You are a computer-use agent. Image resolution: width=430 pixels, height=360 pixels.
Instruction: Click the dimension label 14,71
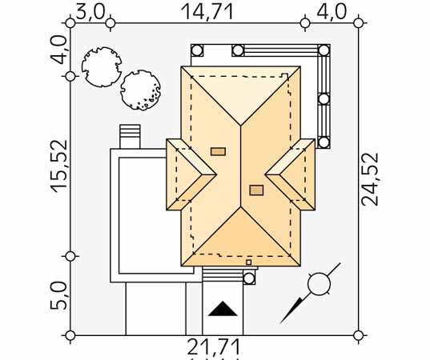207,12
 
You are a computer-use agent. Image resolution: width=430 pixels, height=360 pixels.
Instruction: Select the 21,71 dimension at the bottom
213,347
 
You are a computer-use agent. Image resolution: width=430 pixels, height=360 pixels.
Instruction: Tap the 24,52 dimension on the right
370,179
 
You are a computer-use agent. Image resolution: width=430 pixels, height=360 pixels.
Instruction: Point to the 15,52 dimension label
59,166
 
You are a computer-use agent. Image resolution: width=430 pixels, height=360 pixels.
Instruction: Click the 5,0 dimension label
58,296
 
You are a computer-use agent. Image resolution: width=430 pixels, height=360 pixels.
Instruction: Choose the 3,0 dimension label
90,12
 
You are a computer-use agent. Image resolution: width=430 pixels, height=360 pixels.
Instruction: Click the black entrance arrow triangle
223,309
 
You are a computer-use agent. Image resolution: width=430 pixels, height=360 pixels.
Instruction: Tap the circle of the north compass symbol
319,284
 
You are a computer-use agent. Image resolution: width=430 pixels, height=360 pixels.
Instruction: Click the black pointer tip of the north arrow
281,322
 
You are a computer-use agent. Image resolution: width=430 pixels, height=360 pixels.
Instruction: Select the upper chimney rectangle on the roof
218,151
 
